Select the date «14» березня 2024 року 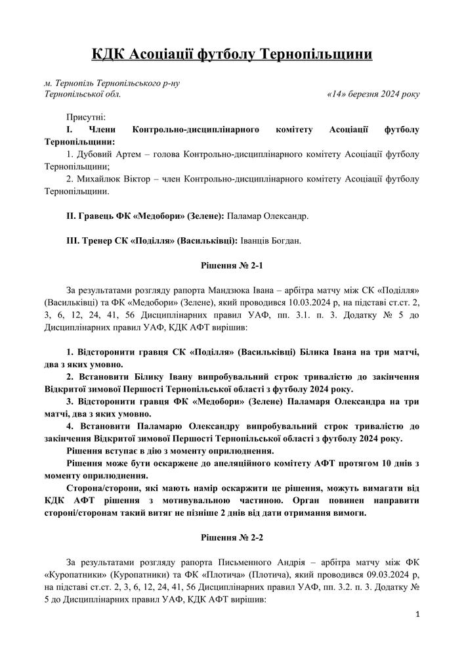tap(372, 94)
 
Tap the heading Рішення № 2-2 tap(232, 537)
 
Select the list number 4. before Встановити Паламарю tap(70, 426)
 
